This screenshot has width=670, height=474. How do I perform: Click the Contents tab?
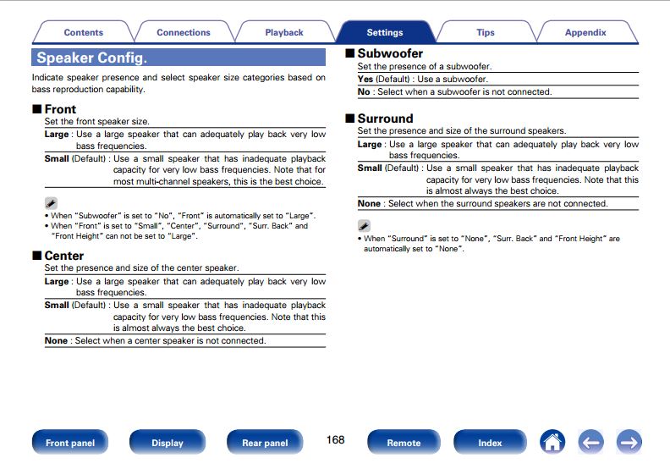pyautogui.click(x=83, y=33)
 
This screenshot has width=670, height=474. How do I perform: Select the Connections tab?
pyautogui.click(x=183, y=33)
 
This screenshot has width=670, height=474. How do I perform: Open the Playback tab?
pyautogui.click(x=283, y=33)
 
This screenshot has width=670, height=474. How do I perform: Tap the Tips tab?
pyautogui.click(x=485, y=33)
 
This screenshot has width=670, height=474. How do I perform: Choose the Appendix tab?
pyautogui.click(x=585, y=33)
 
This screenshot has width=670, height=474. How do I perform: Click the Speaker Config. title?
pyautogui.click(x=91, y=58)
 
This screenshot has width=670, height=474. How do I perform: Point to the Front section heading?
pyautogui.click(x=59, y=109)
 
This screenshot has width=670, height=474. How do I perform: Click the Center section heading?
pyautogui.click(x=63, y=256)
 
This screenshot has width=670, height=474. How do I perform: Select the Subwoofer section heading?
pyautogui.click(x=389, y=53)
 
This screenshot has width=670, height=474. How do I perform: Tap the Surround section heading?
pyautogui.click(x=385, y=118)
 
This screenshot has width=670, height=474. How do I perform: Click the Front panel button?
pyautogui.click(x=70, y=443)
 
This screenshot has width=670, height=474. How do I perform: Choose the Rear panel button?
pyautogui.click(x=265, y=443)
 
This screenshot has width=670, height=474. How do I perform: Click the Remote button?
pyautogui.click(x=404, y=443)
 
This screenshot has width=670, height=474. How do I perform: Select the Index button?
pyautogui.click(x=490, y=443)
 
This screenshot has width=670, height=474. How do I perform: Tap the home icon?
pyautogui.click(x=552, y=442)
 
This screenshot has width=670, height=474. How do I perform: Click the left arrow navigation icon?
pyautogui.click(x=590, y=442)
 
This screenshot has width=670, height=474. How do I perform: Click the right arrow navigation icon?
pyautogui.click(x=629, y=442)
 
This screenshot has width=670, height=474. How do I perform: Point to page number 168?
pyautogui.click(x=335, y=440)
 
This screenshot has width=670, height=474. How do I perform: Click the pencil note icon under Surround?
pyautogui.click(x=364, y=226)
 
